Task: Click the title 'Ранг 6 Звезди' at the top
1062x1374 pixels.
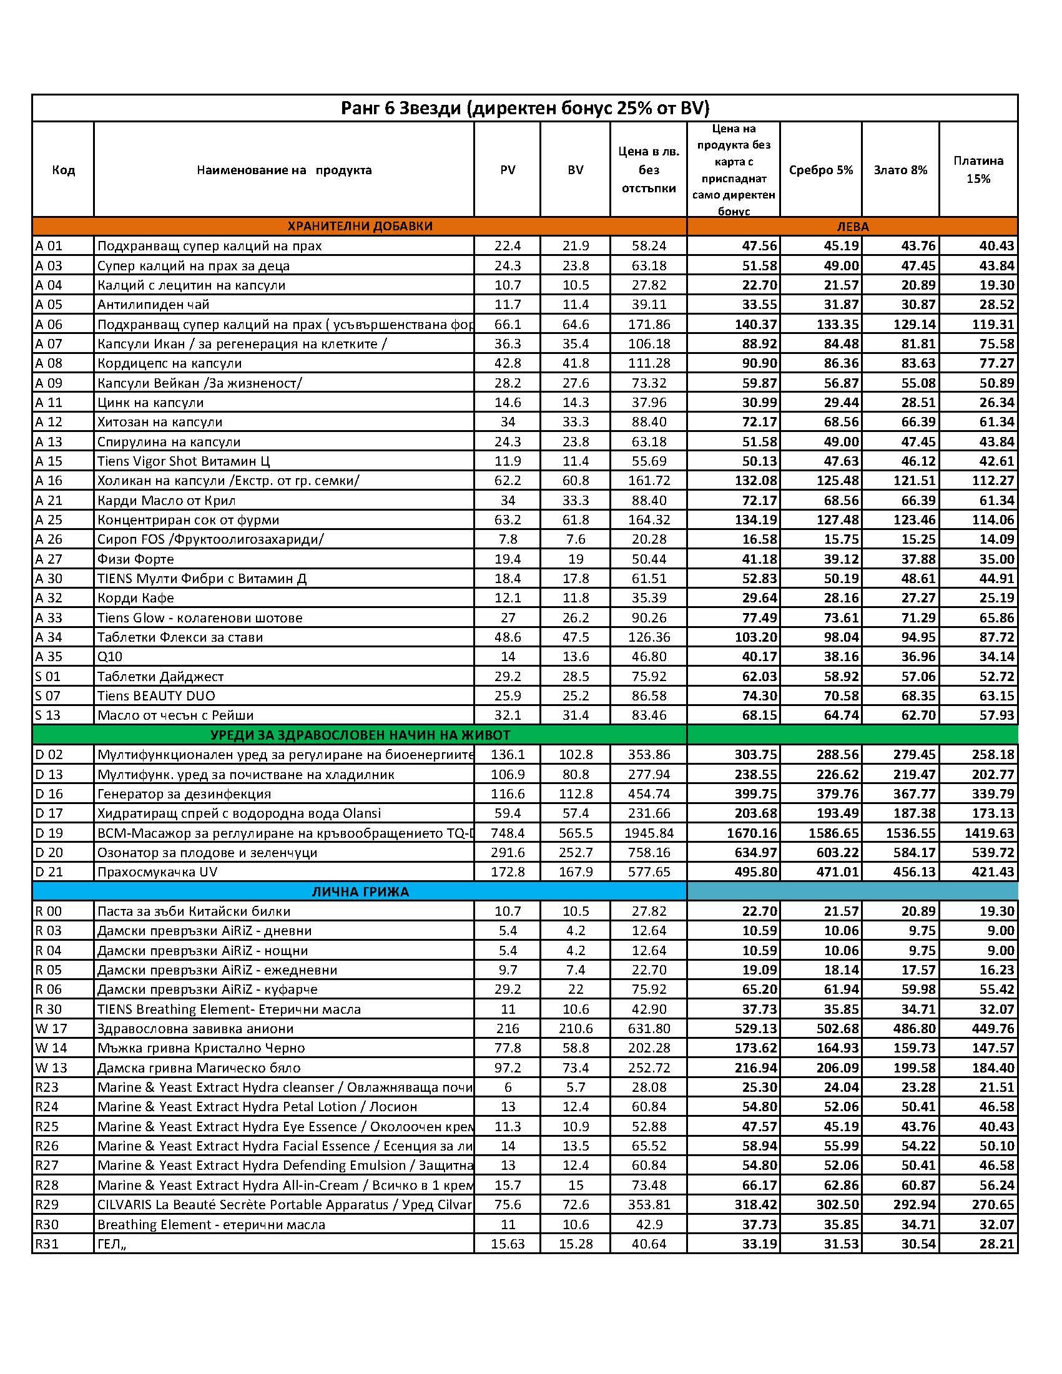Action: (524, 108)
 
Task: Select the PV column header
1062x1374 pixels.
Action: (507, 170)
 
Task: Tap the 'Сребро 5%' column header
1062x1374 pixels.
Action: (820, 170)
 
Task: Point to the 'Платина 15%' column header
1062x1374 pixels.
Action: (978, 170)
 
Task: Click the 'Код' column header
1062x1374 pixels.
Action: (64, 170)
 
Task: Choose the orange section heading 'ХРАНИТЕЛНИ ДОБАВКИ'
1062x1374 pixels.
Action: (360, 226)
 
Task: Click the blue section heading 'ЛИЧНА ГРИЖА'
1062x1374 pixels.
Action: (360, 891)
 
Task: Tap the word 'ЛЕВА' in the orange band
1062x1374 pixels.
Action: (852, 227)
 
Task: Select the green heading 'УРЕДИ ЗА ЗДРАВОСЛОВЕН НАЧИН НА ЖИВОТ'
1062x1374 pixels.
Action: (360, 735)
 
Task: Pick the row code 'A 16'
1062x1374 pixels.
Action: (49, 481)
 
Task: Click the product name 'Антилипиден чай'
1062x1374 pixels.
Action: (153, 305)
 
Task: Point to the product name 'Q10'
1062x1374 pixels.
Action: (109, 657)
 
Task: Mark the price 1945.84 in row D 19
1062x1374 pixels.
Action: (649, 833)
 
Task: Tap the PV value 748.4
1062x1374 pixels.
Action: (507, 833)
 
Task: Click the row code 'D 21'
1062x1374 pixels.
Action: (49, 872)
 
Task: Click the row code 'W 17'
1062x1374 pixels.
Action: (51, 1029)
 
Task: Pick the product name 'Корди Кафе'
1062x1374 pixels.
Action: (135, 597)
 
